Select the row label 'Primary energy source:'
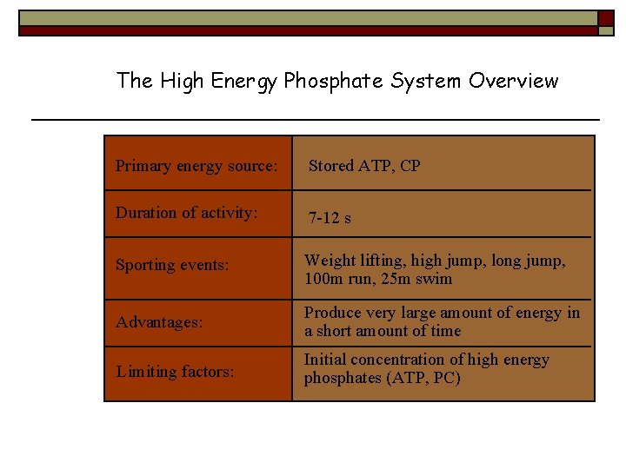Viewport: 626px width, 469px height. (x=196, y=166)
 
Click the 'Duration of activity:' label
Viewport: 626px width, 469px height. (x=187, y=213)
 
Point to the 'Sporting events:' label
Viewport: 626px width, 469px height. (x=172, y=266)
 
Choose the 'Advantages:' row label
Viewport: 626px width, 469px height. (x=159, y=322)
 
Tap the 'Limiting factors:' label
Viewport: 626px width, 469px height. (x=175, y=372)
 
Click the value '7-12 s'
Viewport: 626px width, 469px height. (x=330, y=218)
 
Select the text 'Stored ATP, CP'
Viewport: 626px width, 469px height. (x=364, y=166)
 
